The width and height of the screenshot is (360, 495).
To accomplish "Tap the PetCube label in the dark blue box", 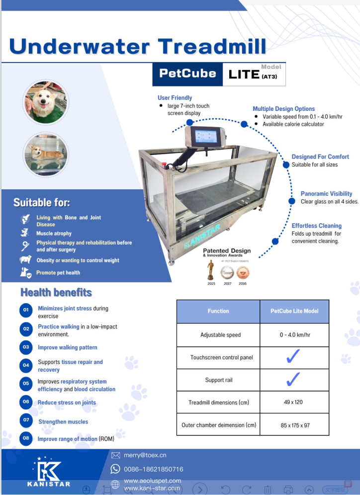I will [x=187, y=74].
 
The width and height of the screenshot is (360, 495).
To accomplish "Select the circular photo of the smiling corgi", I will [x=45, y=102].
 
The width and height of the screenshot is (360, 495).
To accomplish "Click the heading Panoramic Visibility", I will [x=326, y=194].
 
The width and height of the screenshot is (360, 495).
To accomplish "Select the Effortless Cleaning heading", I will [x=316, y=226].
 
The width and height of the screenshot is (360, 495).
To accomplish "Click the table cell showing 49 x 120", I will [x=294, y=402].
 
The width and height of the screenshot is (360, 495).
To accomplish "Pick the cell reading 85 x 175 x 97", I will [x=294, y=425].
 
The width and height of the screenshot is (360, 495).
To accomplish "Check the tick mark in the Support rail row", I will [x=294, y=380].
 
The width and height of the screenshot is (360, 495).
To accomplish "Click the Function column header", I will [x=218, y=311].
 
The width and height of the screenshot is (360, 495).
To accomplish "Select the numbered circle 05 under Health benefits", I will [x=26, y=384].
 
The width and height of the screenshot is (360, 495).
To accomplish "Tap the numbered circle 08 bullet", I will [x=26, y=438].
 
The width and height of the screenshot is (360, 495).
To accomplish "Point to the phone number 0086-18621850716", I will [x=153, y=469].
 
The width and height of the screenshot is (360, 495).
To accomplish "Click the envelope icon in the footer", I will [x=116, y=455].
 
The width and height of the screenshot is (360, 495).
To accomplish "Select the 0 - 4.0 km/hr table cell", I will [x=294, y=335].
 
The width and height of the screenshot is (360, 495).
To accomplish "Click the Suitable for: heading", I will [x=42, y=203].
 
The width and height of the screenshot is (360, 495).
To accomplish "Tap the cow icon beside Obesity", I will [x=26, y=259].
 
